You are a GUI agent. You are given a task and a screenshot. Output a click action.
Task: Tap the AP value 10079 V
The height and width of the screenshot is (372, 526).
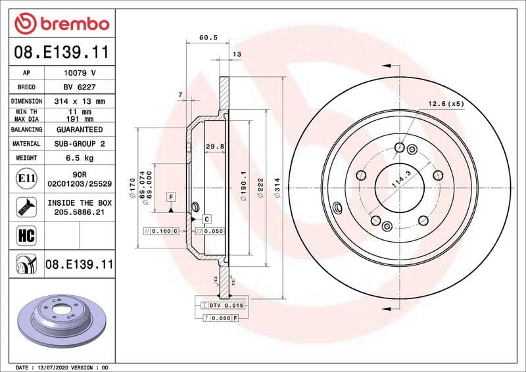point(80,73)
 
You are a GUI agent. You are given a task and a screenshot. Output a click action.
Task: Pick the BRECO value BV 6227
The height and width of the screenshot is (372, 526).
point(80,87)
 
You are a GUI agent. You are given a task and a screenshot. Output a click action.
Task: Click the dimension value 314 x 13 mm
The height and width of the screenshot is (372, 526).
point(80,101)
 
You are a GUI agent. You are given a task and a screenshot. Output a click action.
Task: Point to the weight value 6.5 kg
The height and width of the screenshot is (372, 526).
point(80,158)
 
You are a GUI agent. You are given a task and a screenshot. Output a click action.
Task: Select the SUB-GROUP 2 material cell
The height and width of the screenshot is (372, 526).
point(80,143)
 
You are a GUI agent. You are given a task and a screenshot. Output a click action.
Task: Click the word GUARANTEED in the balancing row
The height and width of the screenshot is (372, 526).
point(80,129)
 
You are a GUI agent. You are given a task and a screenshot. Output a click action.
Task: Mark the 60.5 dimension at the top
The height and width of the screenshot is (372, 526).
point(208,38)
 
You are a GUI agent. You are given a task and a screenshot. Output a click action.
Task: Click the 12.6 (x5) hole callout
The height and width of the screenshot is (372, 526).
point(446,104)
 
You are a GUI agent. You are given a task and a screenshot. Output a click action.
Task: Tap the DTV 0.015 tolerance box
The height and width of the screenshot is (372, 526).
point(227,306)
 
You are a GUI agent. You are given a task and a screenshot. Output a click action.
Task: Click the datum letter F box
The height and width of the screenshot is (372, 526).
point(171,197)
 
